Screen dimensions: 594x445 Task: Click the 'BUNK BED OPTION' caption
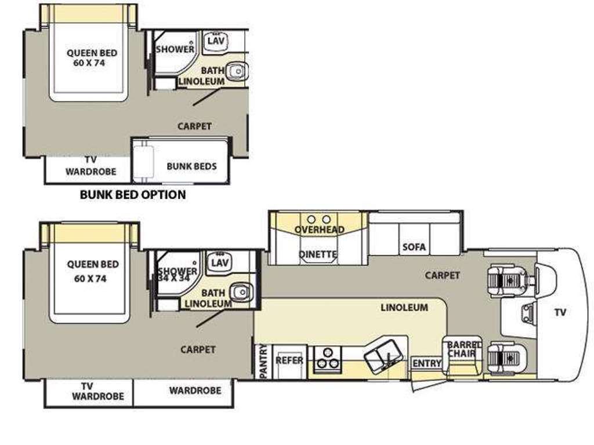point(133,195)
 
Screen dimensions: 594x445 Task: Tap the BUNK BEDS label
point(191,166)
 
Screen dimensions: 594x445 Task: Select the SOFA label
point(414,247)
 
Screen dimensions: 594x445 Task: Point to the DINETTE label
point(318,254)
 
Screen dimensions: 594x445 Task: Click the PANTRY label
point(264,361)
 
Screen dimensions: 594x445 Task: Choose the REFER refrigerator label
point(289,360)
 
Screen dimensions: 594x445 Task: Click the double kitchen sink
point(383,355)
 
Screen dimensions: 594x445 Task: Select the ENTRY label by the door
point(427,364)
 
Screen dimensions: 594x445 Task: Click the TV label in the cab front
point(560,312)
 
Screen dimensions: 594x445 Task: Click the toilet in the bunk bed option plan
point(237,71)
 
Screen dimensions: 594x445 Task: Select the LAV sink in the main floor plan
point(220,263)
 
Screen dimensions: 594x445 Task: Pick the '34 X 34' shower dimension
point(174,278)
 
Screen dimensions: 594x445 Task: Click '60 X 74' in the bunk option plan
point(89,63)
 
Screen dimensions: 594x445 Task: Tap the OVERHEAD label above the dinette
point(320,229)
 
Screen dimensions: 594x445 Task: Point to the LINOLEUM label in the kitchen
point(404,308)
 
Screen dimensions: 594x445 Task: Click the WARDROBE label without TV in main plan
point(195,391)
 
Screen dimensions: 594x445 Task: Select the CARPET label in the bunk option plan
point(194,126)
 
